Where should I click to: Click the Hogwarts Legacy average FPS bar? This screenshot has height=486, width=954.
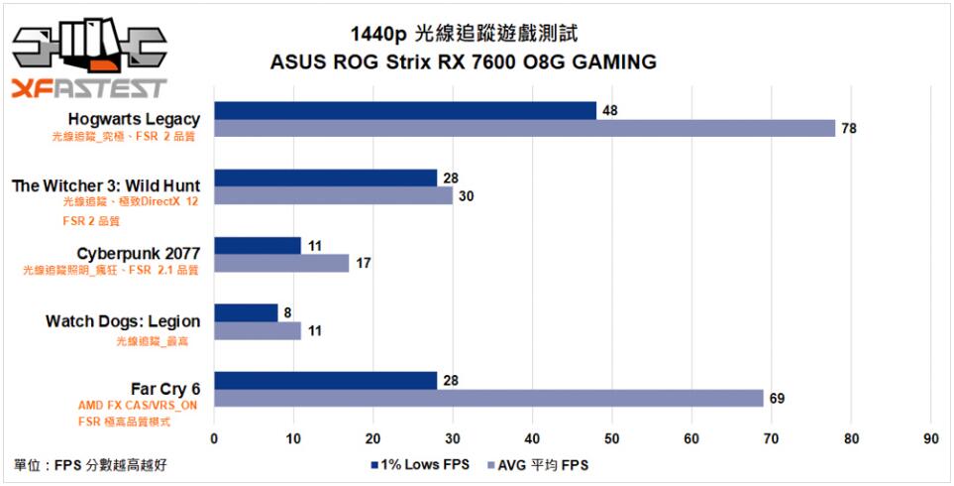pyautogui.click(x=525, y=128)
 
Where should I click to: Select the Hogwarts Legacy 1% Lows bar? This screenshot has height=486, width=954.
pyautogui.click(x=405, y=110)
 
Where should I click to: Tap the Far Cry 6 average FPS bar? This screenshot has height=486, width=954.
pyautogui.click(x=488, y=398)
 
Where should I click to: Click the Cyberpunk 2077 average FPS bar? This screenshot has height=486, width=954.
pyautogui.click(x=281, y=263)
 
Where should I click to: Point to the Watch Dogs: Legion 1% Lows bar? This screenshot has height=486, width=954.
pyautogui.click(x=246, y=312)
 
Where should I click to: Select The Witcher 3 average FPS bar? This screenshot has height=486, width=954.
pyautogui.click(x=333, y=195)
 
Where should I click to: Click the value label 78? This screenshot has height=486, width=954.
pyautogui.click(x=849, y=129)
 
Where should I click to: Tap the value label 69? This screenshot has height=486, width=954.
pyautogui.click(x=778, y=399)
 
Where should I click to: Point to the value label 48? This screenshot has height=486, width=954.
pyautogui.click(x=610, y=111)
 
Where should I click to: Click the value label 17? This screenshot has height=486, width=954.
pyautogui.click(x=363, y=264)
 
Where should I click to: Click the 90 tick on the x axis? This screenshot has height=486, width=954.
pyautogui.click(x=930, y=437)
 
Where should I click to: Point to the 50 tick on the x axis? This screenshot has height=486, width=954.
pyautogui.click(x=612, y=437)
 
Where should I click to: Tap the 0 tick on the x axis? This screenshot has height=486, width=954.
pyautogui.click(x=214, y=437)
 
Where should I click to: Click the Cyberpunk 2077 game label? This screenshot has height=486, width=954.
pyautogui.click(x=139, y=254)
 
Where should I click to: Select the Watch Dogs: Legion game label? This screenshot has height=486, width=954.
pyautogui.click(x=123, y=321)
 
